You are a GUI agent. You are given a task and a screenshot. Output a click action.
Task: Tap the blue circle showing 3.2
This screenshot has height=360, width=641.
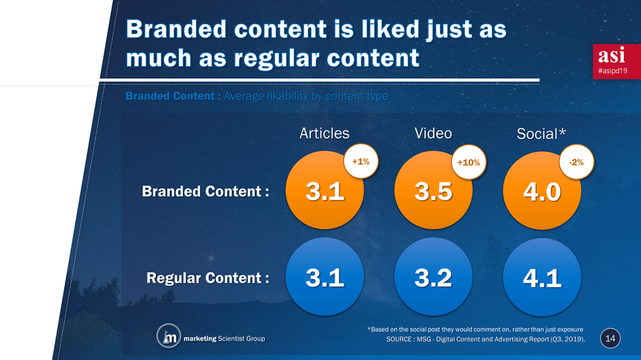434,278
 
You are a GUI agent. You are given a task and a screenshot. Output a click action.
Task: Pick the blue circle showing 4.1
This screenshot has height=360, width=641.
542,278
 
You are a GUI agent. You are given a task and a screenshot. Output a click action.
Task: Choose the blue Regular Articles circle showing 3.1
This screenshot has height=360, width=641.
325,278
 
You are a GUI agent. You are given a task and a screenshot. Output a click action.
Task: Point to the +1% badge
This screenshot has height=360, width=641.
360,162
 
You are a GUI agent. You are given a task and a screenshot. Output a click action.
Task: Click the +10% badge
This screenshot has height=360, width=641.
469,163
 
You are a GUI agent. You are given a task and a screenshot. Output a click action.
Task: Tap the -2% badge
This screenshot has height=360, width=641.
576,162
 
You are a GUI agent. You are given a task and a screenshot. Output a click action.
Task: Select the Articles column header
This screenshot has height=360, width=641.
324,133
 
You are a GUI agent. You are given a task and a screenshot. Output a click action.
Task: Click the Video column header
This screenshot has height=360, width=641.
433,133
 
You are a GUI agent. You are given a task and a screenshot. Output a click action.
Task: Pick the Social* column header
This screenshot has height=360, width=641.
542,134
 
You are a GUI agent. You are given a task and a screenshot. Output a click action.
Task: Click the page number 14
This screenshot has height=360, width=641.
610,338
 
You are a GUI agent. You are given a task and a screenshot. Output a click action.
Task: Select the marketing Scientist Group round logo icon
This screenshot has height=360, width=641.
168,336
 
